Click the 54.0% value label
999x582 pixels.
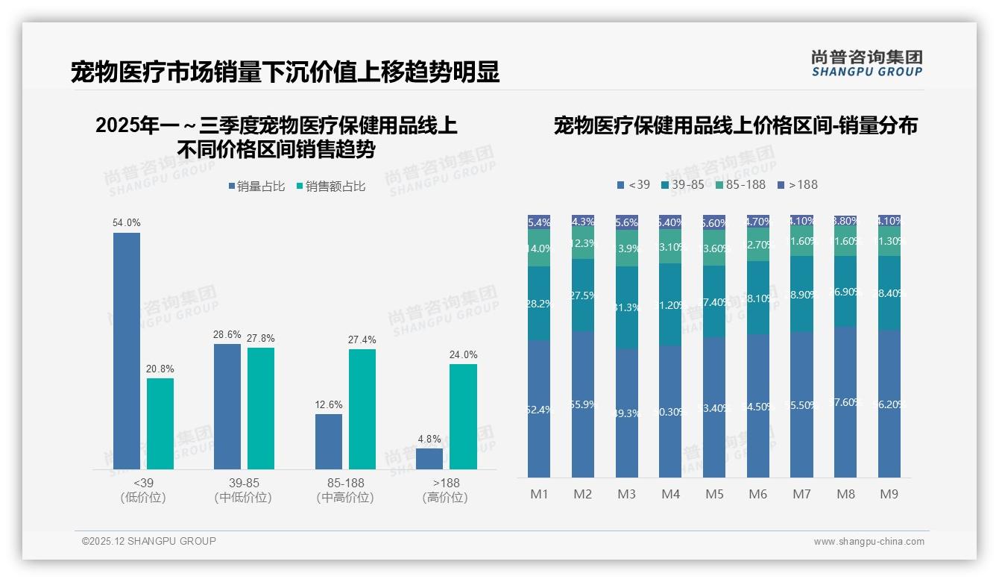127,222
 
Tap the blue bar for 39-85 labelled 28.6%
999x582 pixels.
227,406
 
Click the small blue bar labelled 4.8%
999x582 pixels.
429,458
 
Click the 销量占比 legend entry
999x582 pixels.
256,187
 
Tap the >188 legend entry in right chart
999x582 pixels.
797,184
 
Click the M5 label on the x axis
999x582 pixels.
714,494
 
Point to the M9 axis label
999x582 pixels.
889,494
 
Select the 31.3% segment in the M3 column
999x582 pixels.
627,307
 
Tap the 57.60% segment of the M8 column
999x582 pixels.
845,402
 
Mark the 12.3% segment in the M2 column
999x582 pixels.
583,244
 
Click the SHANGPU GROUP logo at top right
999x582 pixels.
866,63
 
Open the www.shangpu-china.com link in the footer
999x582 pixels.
869,542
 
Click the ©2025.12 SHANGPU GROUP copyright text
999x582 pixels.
149,541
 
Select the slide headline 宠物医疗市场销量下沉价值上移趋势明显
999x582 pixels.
285,72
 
